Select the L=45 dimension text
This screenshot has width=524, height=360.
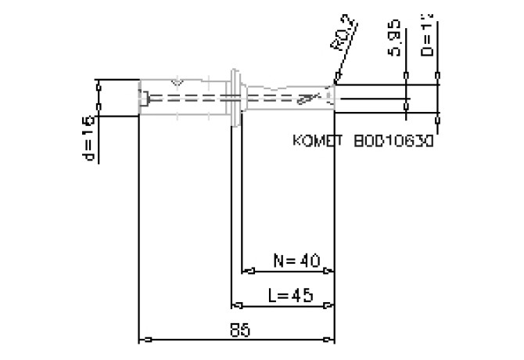coord(290,295)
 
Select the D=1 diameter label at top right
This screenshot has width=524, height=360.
coord(427,35)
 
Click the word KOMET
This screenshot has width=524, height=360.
coord(318,142)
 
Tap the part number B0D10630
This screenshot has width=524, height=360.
coord(393,142)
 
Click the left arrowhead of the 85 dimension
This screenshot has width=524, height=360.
coord(143,340)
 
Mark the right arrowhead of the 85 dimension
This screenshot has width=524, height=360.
coord(331,340)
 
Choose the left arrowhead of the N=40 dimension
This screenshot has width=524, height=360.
coord(247,272)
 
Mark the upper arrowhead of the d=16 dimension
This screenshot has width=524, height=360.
coord(99,85)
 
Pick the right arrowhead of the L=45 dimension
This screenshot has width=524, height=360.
coord(331,305)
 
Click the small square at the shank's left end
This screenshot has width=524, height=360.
coord(146,99)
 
